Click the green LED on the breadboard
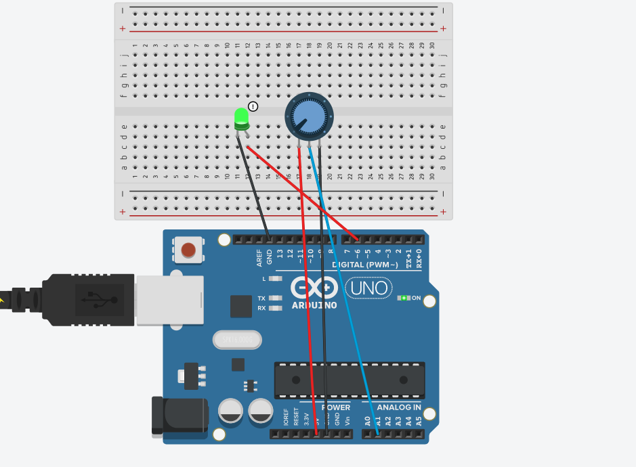tap(241, 118)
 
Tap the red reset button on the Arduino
tap(188, 250)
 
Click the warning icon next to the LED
tap(253, 106)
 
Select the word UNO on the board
tap(369, 288)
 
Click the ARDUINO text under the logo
tap(314, 305)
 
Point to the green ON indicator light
tap(405, 298)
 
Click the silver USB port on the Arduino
tap(169, 299)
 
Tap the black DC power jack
tap(179, 414)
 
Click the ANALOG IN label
tap(398, 407)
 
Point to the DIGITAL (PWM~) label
tap(364, 265)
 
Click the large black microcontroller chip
tap(349, 380)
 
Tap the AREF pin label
tap(259, 257)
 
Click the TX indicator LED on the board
tap(275, 298)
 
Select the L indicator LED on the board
tap(275, 278)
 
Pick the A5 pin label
tap(419, 420)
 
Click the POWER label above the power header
tap(336, 407)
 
